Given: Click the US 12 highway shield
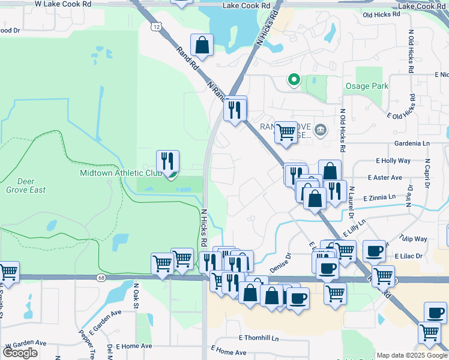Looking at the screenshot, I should point(156,27).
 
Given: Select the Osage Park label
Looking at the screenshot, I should point(366,86).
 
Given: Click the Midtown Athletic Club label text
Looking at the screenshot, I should point(121,173).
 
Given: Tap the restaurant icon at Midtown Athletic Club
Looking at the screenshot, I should point(168,161).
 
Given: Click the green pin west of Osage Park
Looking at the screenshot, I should point(294,79).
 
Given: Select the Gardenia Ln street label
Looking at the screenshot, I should point(412,144).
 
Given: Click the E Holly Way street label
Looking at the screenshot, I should point(393,161).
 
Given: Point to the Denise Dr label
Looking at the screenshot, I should point(280,262).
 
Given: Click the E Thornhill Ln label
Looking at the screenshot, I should point(259,338).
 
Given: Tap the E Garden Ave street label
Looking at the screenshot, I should point(105,322).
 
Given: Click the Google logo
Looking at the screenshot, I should point(20,353).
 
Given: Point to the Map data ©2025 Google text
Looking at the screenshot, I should point(412,355).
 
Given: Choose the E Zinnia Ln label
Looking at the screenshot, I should point(379,197).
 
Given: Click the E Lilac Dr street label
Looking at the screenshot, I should point(410,256).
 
